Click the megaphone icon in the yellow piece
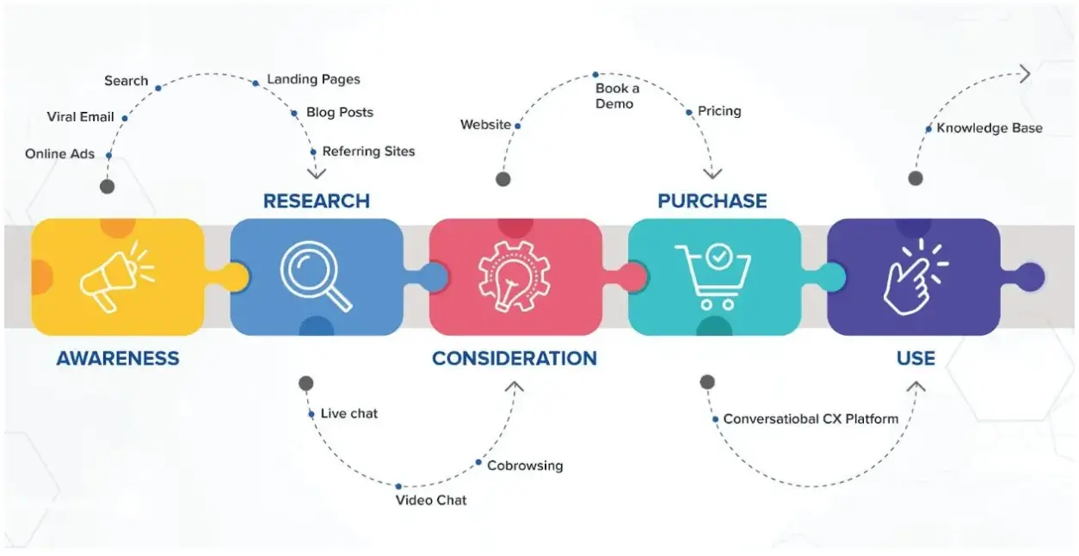[116, 276]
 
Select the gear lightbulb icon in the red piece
[514, 276]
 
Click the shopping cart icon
[713, 276]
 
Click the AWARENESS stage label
[118, 358]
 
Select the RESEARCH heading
[316, 201]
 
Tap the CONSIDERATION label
[514, 358]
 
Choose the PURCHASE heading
[712, 201]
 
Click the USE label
[916, 358]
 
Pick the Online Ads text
[59, 154]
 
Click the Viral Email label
[80, 117]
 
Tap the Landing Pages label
[313, 79]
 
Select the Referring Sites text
[368, 151]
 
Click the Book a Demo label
[617, 96]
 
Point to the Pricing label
[719, 111]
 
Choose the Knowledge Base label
[989, 128]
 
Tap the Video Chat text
[431, 500]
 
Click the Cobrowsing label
[525, 466]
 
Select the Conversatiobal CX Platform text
[811, 419]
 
